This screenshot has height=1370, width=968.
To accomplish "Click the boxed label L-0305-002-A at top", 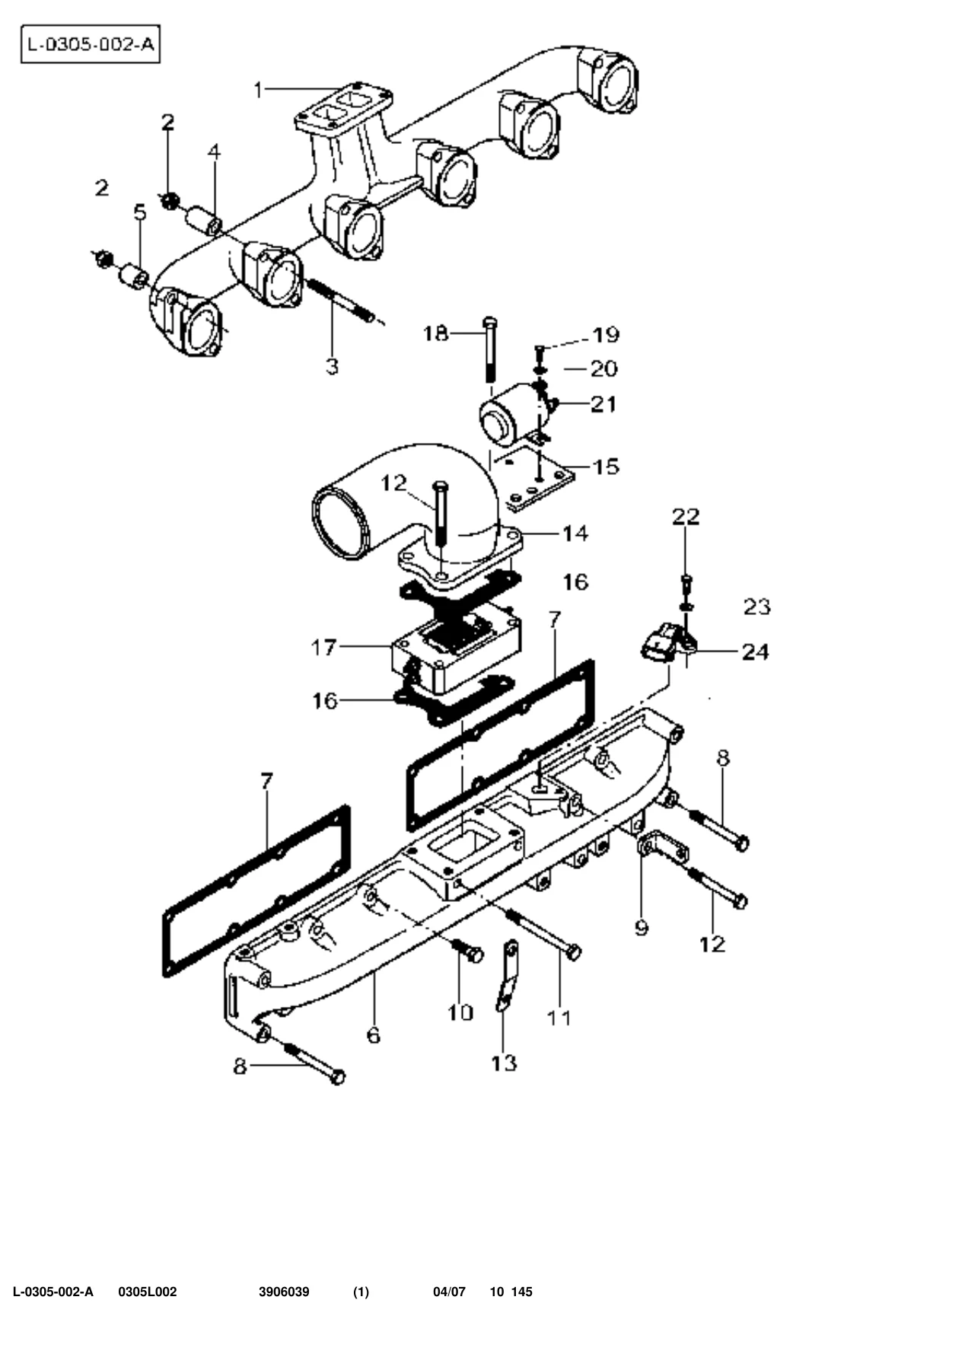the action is pyautogui.click(x=90, y=44).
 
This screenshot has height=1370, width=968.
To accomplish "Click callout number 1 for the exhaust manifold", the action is pyautogui.click(x=258, y=91).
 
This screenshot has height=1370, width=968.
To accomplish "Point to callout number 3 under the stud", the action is pyautogui.click(x=332, y=366).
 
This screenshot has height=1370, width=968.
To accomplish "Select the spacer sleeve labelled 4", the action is pyautogui.click(x=204, y=218).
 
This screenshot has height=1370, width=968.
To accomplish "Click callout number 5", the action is pyautogui.click(x=140, y=212).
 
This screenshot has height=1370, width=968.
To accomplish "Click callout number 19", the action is pyautogui.click(x=607, y=335).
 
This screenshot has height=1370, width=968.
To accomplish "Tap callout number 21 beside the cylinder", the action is pyautogui.click(x=603, y=403).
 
